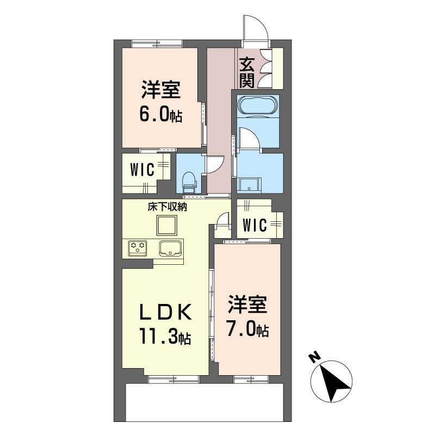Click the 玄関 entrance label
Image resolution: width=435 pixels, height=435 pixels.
(x=247, y=72)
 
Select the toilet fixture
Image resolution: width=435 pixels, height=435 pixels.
(x=189, y=182)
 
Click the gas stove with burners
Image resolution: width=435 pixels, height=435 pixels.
(x=138, y=248)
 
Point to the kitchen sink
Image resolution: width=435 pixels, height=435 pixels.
(x=170, y=248)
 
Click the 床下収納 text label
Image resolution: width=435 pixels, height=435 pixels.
(x=167, y=207)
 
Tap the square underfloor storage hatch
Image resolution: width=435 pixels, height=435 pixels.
(x=166, y=225)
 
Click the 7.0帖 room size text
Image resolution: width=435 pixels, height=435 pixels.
(x=247, y=329)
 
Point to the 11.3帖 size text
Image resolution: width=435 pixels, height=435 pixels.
(x=165, y=336)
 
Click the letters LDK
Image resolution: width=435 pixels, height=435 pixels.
(x=165, y=312)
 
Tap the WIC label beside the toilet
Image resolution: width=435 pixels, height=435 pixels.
(x=142, y=170)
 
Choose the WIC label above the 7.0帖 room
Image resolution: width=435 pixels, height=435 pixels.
(x=254, y=225)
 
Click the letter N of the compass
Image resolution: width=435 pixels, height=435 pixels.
(x=314, y=358)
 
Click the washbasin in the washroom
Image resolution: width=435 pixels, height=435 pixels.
(x=250, y=184)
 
